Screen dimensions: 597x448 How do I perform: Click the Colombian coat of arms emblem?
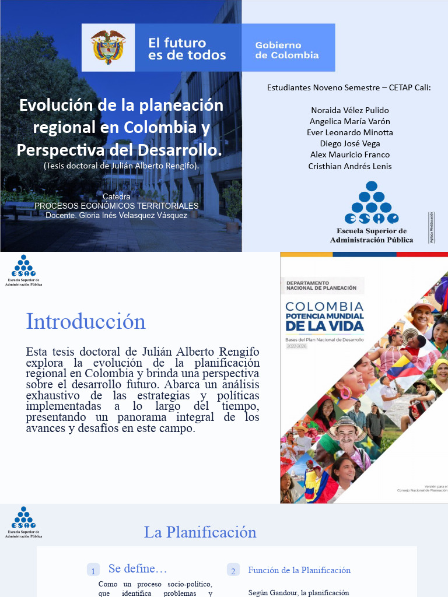click(x=108, y=47)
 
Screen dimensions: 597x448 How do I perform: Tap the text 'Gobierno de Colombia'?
click(x=287, y=50)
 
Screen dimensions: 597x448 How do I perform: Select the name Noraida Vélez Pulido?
click(x=350, y=110)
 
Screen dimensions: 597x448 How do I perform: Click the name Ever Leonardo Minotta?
click(x=350, y=132)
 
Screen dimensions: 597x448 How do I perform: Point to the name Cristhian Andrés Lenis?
click(x=350, y=166)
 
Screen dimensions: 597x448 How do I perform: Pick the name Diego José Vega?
click(x=350, y=143)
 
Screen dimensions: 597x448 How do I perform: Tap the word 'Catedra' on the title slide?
click(x=117, y=196)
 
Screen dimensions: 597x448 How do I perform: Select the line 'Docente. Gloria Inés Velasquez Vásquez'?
click(x=117, y=215)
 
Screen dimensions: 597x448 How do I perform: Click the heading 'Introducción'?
click(x=86, y=321)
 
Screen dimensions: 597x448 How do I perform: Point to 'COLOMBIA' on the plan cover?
click(x=324, y=307)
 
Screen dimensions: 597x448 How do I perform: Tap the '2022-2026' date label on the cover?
click(x=296, y=346)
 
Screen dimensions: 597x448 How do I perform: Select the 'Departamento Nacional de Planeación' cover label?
click(x=321, y=285)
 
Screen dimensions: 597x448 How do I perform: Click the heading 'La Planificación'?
click(x=200, y=532)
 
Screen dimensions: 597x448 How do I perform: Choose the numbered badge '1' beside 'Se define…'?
click(x=93, y=571)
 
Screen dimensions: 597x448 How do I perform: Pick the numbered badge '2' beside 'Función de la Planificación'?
click(x=233, y=571)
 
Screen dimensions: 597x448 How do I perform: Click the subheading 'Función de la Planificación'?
click(x=299, y=570)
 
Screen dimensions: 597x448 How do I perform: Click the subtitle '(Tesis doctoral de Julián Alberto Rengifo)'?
click(x=121, y=166)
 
